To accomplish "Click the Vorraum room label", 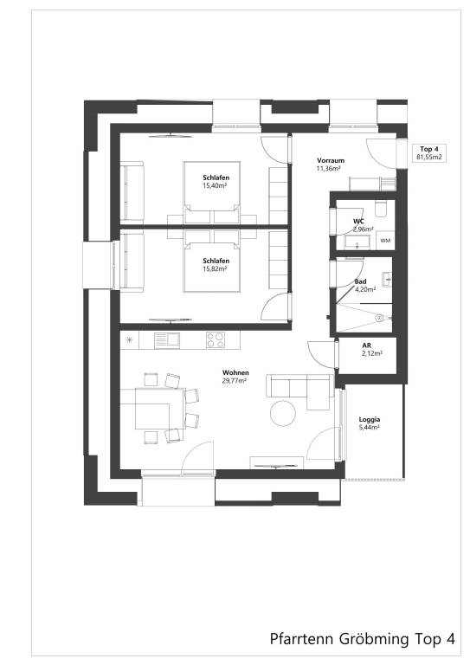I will [331, 160].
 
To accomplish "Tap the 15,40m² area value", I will [215, 185].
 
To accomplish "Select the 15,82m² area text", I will [215, 268].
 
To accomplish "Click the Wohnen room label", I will [235, 372].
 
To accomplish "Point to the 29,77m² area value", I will [235, 380].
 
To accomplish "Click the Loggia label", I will [370, 420].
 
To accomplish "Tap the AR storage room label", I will [366, 345].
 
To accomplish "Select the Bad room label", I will [361, 282].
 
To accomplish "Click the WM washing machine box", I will [385, 240].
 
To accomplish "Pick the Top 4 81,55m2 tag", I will [429, 153].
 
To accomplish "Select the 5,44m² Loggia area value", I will [370, 428].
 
